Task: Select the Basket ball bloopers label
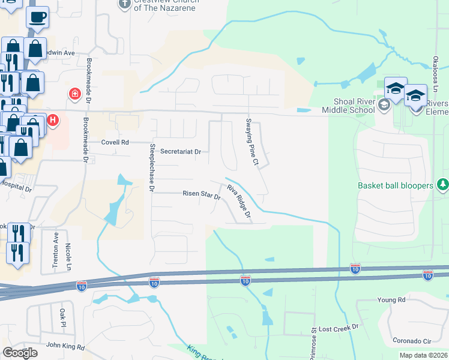click(396, 185)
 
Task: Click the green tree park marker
click(443, 184)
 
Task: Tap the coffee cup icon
click(38, 18)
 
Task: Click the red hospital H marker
click(53, 121)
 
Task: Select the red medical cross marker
click(74, 94)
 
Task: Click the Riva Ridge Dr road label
click(238, 203)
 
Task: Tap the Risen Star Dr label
click(202, 194)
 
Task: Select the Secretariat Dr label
click(180, 152)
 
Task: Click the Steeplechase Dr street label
click(152, 168)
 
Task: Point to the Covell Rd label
click(115, 143)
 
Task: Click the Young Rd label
click(392, 299)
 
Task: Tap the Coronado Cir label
click(413, 341)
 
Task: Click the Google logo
click(20, 353)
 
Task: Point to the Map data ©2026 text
click(423, 356)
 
